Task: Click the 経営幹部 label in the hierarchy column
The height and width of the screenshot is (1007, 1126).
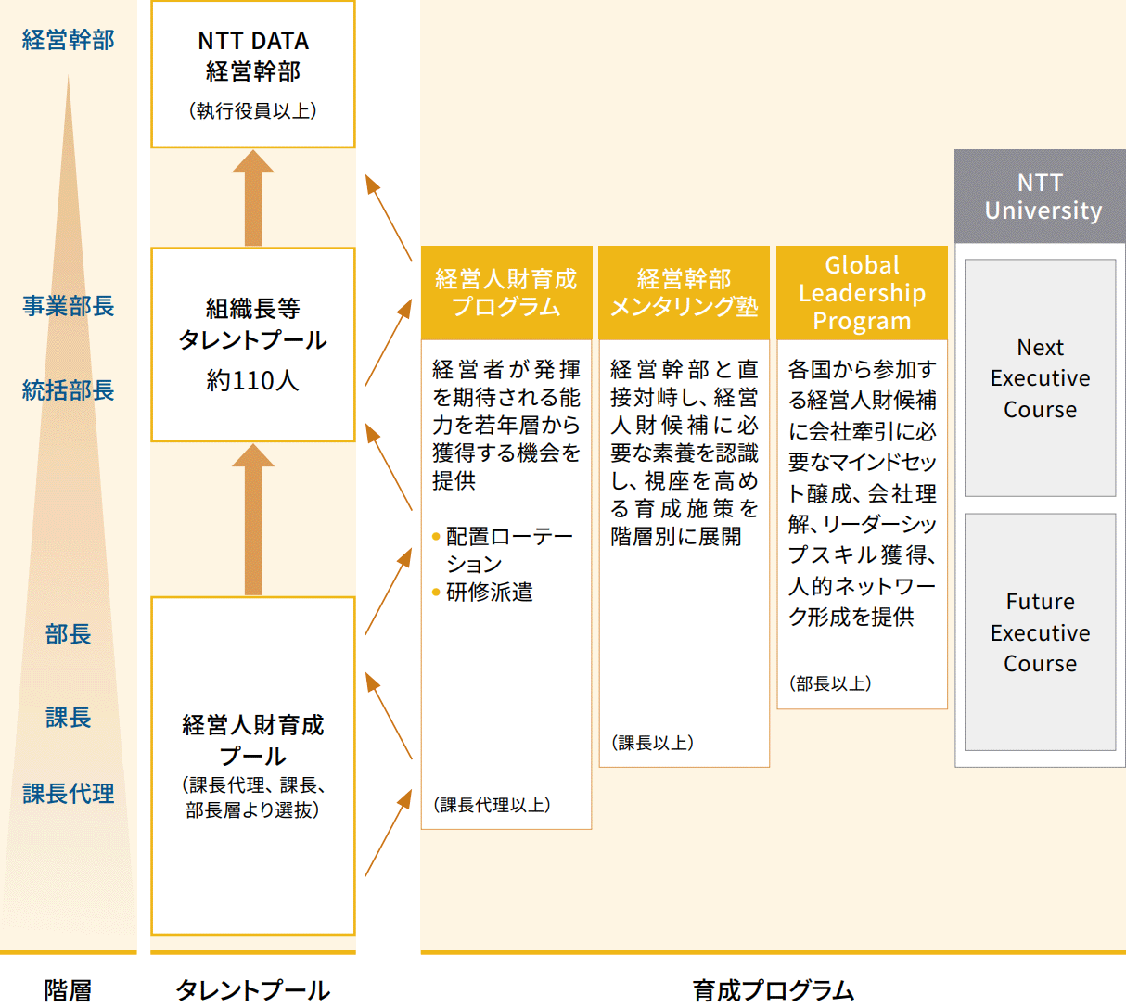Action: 68,40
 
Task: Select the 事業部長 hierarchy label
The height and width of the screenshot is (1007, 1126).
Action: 68,306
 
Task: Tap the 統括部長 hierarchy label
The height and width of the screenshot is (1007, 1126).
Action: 68,390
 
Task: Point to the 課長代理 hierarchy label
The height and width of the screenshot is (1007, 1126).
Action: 68,794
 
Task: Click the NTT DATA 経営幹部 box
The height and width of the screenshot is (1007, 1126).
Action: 252,73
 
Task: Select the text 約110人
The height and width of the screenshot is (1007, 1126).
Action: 252,380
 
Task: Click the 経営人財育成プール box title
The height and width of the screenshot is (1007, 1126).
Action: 252,740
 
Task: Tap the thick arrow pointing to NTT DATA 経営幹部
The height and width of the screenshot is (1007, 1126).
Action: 252,198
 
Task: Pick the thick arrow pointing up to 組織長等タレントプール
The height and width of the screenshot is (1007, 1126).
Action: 252,519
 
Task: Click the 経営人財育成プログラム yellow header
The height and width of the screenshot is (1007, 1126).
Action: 505,292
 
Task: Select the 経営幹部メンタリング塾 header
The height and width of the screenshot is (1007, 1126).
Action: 684,292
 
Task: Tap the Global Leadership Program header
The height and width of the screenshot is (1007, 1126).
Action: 862,292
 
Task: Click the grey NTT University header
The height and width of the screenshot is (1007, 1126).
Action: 1041,197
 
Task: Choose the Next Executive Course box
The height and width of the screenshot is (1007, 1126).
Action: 1040,378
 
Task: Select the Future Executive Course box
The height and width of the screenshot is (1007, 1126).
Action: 1040,632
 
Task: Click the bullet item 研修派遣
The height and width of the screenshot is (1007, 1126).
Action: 489,593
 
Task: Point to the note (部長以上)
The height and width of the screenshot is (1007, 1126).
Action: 830,684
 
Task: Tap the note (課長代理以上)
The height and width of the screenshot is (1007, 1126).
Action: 492,805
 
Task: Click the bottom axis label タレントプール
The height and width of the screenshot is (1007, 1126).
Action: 252,990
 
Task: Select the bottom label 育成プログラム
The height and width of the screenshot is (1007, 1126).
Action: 773,990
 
